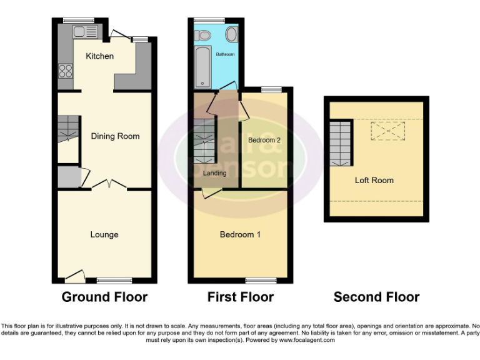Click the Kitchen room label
tap(100, 56)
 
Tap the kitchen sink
tap(83, 32)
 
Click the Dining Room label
tap(115, 136)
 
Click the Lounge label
tap(104, 234)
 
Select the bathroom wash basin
tap(231, 34)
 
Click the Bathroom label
tap(225, 55)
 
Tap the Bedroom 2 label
tap(264, 140)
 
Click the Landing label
tap(215, 173)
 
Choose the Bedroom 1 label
tap(240, 234)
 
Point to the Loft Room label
tap(374, 180)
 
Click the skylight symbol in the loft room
tap(388, 131)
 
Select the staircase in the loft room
tap(341, 142)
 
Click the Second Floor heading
tap(376, 297)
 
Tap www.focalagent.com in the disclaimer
tap(307, 341)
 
